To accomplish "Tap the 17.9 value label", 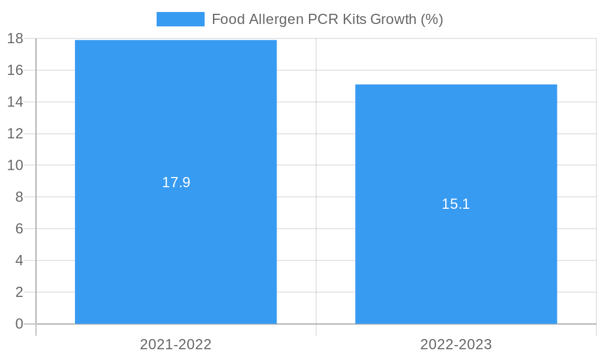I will (x=176, y=182).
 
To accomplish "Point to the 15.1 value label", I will (x=456, y=204).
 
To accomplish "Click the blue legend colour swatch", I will (x=180, y=19).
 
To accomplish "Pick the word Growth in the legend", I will (x=393, y=19).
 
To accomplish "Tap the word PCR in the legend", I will (x=323, y=19).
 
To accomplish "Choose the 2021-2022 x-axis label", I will (x=176, y=344).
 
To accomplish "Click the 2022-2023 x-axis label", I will (x=456, y=344).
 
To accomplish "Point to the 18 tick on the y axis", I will (x=15, y=39).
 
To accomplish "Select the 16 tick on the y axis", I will (x=15, y=70).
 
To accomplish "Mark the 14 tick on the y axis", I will (x=15, y=102).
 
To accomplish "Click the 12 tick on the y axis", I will (x=15, y=134).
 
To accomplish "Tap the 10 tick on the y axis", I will (x=15, y=165).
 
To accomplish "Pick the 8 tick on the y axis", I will (x=19, y=197).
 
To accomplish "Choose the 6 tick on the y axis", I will (x=19, y=229).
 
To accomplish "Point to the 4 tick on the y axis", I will (x=19, y=260).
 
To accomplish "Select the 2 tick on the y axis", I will (x=19, y=292).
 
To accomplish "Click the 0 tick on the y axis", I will (x=19, y=324).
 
